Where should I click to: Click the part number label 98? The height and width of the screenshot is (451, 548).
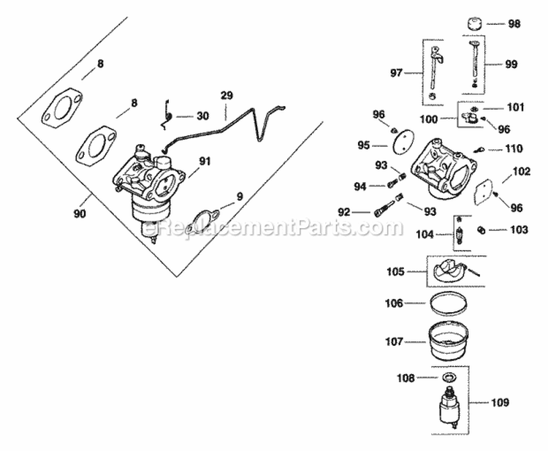(514, 24)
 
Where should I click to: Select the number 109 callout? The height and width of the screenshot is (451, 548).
(501, 402)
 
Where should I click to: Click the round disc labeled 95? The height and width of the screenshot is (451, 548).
(400, 146)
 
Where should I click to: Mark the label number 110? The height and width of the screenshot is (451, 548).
(514, 148)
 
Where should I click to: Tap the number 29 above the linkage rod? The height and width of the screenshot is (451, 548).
(226, 96)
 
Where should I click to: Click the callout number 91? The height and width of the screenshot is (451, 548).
(204, 161)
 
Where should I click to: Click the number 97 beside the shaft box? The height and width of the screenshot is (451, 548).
(397, 72)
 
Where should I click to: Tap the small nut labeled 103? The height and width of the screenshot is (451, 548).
(482, 230)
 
